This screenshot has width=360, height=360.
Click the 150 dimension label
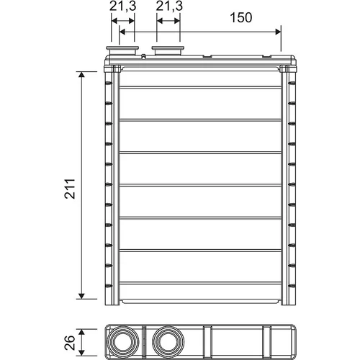click(x=241, y=17)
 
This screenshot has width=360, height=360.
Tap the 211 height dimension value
click(x=70, y=189)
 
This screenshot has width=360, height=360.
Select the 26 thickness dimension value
click(x=70, y=343)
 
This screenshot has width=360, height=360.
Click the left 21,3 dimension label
click(x=122, y=6)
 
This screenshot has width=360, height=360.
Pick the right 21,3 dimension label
click(x=169, y=6)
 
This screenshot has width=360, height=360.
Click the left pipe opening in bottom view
click(x=122, y=342)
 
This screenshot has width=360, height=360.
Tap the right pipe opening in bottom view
click(x=168, y=342)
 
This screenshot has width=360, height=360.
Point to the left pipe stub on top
click(x=122, y=50)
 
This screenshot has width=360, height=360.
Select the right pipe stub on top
click(x=168, y=50)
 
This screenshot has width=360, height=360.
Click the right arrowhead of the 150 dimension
click(x=278, y=32)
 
